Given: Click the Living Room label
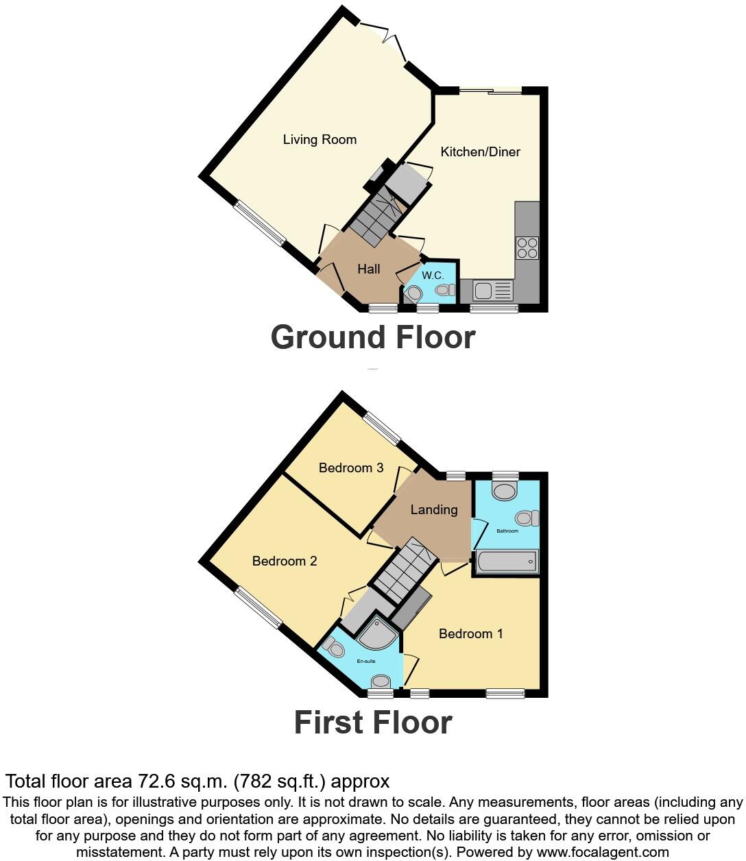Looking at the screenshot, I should point(320,140).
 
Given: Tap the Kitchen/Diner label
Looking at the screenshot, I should point(480,152).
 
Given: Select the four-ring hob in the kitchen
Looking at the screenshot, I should point(527,247).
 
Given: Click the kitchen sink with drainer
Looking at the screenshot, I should point(492,291).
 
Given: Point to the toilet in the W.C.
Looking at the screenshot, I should point(444,290).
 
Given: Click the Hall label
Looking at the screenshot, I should point(368,269).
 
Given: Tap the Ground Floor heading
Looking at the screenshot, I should point(372,337).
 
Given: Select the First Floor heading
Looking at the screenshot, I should point(372,723).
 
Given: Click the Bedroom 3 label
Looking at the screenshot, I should point(351,468).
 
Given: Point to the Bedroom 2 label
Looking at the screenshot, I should point(285,561).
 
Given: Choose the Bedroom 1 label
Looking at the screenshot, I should point(471,634).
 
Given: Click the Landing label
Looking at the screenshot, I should point(434,510).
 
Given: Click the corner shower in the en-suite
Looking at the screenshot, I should point(378,633).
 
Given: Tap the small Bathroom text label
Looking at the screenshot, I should point(507,531).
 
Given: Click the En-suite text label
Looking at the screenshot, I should point(366,662).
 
